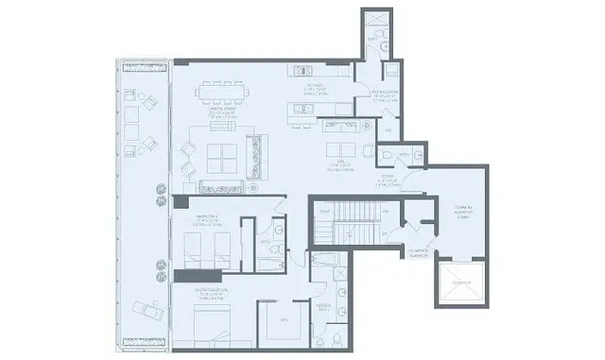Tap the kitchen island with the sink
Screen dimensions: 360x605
click(318, 108)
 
